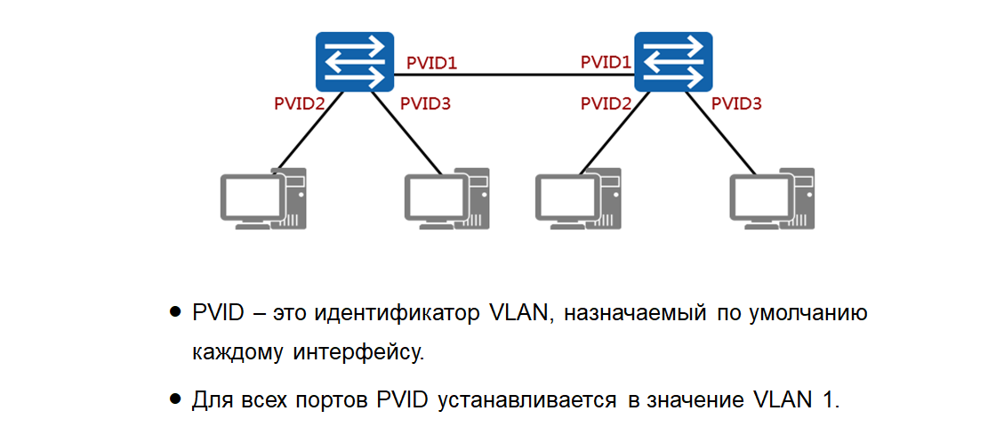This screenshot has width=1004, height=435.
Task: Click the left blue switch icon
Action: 354,62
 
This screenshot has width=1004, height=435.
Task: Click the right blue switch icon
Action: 673,62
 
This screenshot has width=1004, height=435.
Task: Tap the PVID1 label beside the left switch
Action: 431,63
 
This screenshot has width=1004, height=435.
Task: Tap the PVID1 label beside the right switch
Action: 606,62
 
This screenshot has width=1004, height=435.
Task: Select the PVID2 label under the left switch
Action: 300,103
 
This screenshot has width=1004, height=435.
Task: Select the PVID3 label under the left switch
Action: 425,103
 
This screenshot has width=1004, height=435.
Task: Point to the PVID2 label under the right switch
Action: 606,103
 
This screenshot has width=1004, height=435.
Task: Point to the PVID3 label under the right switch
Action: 736,103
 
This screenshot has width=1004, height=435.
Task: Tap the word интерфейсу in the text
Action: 357,351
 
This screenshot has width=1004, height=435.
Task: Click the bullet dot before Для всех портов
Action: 175,399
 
